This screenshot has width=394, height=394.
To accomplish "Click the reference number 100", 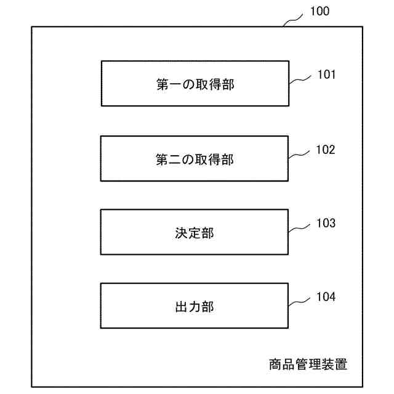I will point(320,11).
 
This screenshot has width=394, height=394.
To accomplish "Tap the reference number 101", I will point(326,75).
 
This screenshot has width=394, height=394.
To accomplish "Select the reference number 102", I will point(326,150).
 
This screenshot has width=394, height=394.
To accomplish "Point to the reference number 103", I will point(326,223).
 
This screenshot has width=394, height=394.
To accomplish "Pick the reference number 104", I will point(326,297).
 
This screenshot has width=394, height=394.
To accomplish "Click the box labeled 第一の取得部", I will point(195,83).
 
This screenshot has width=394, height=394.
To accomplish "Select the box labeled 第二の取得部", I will point(195,158).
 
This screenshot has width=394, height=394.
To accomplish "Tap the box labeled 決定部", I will point(195,232).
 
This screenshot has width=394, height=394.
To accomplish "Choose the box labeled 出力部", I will point(195,305).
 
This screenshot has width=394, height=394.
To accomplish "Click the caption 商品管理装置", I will point(308,364).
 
